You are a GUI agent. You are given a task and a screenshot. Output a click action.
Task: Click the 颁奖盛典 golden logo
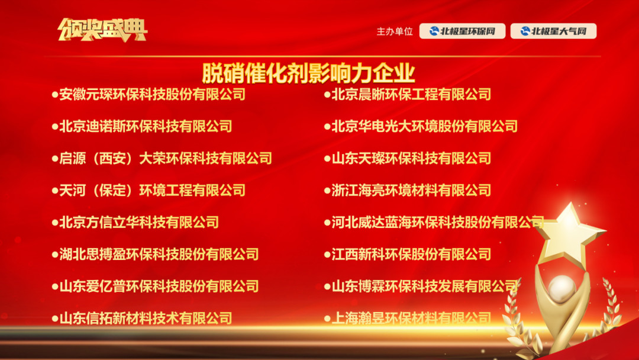click(102, 30)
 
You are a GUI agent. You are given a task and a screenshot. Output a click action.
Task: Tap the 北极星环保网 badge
click(462, 31)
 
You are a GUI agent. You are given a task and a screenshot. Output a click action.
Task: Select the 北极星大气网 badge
click(553, 31)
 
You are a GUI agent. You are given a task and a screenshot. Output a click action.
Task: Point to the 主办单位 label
click(395, 31)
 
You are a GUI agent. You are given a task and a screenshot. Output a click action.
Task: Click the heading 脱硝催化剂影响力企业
click(308, 73)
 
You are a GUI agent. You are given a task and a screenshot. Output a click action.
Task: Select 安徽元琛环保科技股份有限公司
click(153, 94)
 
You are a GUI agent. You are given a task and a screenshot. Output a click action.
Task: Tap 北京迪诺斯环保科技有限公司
click(146, 126)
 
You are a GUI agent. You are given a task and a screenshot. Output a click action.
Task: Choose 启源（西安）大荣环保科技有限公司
click(166, 158)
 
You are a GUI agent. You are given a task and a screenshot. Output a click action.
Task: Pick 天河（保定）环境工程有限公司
click(153, 190)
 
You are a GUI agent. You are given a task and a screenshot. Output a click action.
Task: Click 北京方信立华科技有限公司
click(139, 222)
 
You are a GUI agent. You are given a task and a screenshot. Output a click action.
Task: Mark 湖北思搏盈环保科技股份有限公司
click(159, 254)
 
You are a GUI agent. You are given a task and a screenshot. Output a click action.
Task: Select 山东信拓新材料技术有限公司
click(146, 318)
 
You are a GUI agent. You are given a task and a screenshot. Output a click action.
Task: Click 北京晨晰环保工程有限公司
click(411, 94)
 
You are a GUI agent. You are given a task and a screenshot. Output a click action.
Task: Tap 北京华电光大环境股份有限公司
click(425, 126)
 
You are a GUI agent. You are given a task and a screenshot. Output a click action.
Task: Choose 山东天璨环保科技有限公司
click(411, 158)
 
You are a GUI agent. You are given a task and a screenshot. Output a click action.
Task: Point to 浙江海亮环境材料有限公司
click(411, 190)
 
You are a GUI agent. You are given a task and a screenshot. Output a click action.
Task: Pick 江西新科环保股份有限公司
click(411, 254)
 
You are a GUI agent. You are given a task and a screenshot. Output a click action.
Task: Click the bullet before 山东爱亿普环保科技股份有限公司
click(55, 287)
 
